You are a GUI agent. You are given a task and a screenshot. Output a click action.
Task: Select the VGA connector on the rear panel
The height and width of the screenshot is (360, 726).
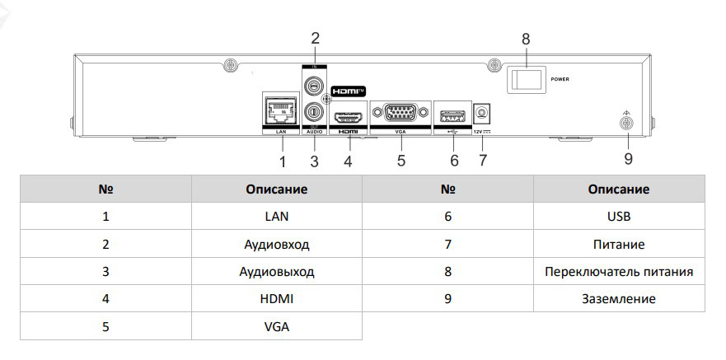(400, 114)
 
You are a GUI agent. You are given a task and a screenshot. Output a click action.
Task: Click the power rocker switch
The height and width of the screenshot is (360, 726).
(525, 80)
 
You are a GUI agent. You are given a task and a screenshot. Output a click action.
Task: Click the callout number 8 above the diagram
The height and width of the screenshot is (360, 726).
(526, 39)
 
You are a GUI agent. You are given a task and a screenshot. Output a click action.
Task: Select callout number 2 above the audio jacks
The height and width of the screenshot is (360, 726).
(314, 38)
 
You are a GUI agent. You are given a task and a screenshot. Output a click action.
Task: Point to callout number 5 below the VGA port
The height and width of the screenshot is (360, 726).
(401, 160)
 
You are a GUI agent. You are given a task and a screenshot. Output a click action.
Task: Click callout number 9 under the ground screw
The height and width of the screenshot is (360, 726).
(627, 157)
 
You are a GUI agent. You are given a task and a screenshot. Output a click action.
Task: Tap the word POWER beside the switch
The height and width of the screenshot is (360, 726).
(560, 80)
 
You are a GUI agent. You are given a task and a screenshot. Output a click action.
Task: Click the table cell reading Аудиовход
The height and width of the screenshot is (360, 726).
(277, 244)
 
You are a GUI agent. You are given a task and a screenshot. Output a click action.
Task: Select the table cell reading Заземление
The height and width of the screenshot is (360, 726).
(618, 298)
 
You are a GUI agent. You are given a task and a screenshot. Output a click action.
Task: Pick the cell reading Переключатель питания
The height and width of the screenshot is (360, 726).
(618, 271)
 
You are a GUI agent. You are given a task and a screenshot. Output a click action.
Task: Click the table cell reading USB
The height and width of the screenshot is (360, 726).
(618, 217)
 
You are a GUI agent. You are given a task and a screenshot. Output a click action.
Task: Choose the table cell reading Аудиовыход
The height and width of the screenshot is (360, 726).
(277, 271)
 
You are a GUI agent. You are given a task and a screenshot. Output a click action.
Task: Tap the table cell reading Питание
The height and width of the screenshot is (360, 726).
(618, 244)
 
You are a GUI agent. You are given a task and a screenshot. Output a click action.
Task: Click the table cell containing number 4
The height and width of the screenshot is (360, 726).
(105, 298)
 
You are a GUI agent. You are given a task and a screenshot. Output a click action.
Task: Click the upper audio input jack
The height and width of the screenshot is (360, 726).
(313, 84)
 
